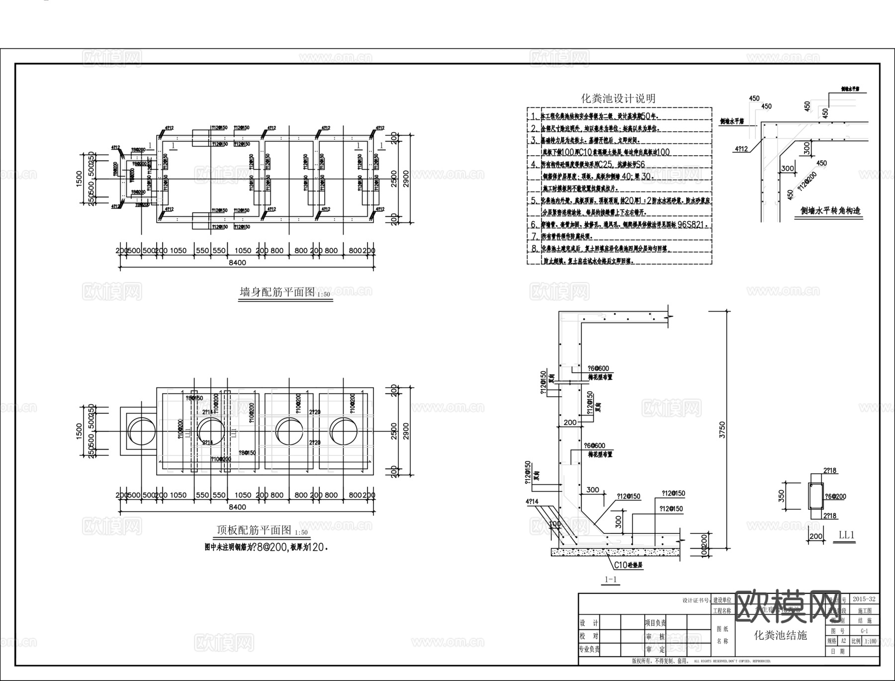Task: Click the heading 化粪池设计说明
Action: click(x=618, y=98)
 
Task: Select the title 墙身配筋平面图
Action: click(x=277, y=292)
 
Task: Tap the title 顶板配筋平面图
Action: click(x=254, y=530)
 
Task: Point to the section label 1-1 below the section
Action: click(x=610, y=579)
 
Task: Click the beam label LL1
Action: click(x=846, y=535)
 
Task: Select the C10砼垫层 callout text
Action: click(x=628, y=565)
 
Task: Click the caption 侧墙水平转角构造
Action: click(x=830, y=210)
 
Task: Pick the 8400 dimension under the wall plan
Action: click(x=237, y=262)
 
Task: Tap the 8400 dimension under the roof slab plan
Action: click(x=237, y=507)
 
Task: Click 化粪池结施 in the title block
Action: click(x=780, y=635)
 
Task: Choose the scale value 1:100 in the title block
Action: click(x=870, y=641)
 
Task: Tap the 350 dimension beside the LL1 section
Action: click(x=781, y=496)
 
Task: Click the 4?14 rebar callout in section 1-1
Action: click(x=532, y=502)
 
